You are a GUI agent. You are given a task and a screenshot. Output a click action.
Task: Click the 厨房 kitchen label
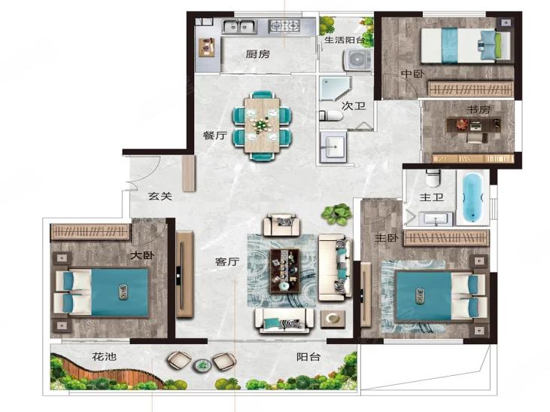point(258,54)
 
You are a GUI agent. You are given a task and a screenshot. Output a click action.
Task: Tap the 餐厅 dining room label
point(215,136)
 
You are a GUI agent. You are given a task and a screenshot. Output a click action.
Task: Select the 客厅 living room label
point(227,261)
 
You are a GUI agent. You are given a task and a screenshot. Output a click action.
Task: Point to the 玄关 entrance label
point(160,196)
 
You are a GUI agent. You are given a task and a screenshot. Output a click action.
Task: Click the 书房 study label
point(478,109)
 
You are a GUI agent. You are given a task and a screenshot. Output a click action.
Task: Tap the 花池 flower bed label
point(104,357)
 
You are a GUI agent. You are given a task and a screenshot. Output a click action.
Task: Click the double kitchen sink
point(239,26)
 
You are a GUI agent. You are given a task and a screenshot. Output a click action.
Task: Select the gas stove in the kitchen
point(284,26)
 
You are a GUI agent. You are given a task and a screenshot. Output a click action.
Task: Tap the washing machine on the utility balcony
point(357,60)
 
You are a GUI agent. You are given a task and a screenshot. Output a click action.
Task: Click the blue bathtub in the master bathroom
point(473,198)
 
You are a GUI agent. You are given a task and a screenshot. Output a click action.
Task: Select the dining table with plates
point(262,125)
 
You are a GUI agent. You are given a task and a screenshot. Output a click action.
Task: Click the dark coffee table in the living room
point(284,271)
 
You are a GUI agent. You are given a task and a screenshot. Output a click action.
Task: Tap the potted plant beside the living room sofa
point(336,214)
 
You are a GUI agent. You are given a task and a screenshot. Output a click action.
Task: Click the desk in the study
point(473,125)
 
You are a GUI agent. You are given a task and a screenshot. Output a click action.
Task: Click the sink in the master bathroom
point(436,219)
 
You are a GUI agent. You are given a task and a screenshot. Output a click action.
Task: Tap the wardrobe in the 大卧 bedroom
point(90,232)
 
